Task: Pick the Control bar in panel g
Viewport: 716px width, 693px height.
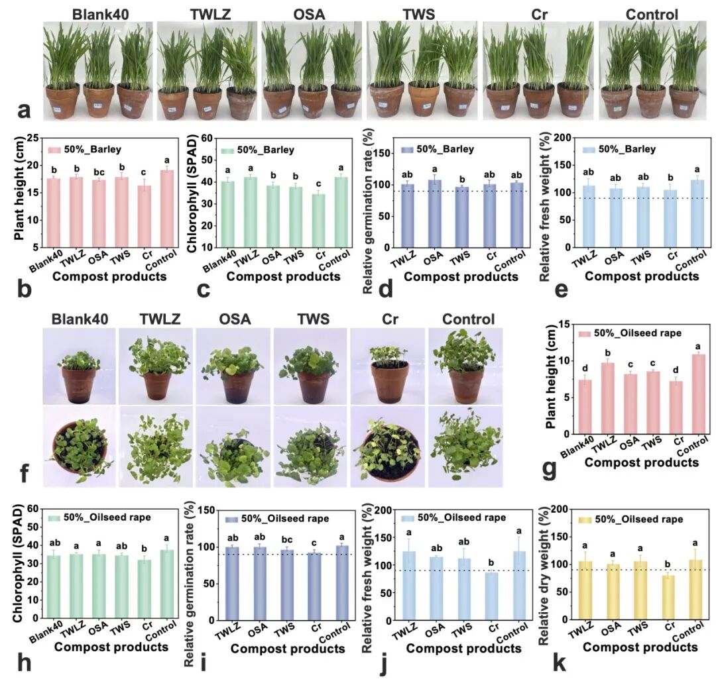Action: click(699, 394)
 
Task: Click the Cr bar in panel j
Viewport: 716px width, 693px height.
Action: click(491, 596)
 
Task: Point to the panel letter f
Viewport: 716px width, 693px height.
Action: click(25, 473)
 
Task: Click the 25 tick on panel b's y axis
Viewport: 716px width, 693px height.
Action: click(33, 138)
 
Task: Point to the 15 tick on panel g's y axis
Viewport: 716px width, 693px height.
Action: click(564, 325)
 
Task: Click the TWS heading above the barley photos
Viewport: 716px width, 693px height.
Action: click(419, 14)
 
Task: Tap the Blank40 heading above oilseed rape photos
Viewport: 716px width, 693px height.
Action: click(80, 319)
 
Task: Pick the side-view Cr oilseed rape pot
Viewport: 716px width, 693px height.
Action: click(390, 374)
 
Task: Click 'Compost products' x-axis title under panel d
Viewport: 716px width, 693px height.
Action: click(461, 276)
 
